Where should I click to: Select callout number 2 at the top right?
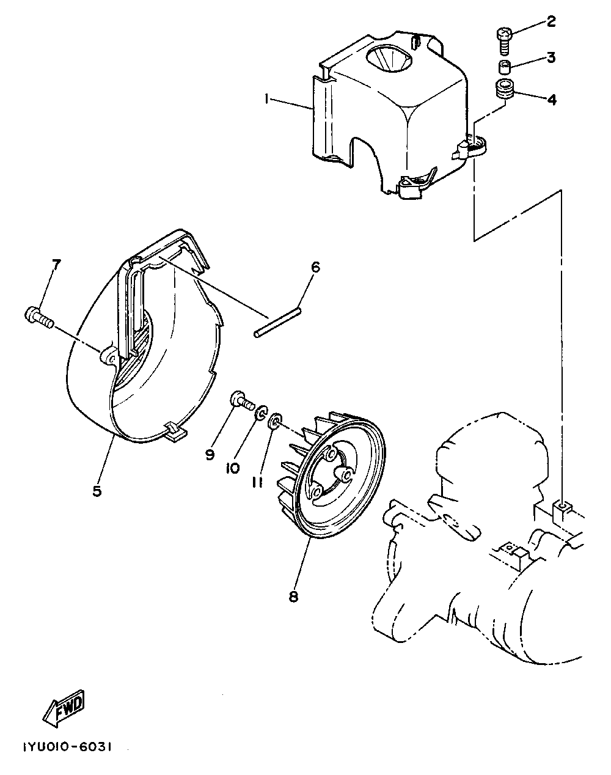click(x=551, y=22)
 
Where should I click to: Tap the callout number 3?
click(x=551, y=58)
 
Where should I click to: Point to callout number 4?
click(x=551, y=99)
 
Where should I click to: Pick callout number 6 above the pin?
click(x=315, y=267)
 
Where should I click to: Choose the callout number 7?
click(x=56, y=265)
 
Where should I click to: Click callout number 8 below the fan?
click(x=293, y=597)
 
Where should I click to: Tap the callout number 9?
click(x=210, y=454)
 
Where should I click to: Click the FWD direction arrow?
click(x=64, y=709)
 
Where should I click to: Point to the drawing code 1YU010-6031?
click(x=67, y=747)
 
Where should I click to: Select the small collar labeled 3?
click(x=504, y=66)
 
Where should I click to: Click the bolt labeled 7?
click(x=38, y=317)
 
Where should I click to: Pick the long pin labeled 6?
click(x=277, y=322)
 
